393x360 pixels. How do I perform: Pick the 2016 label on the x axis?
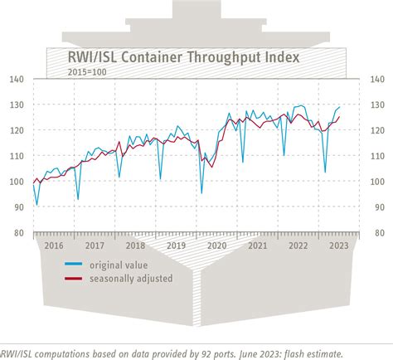tap(54, 246)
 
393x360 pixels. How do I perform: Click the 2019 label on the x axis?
tap(176, 246)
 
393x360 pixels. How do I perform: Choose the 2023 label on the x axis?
tap(339, 246)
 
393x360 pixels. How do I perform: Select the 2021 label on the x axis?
tap(258, 246)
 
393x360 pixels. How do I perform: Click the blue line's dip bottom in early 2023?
tap(324, 173)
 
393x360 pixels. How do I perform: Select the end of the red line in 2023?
tap(339, 117)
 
